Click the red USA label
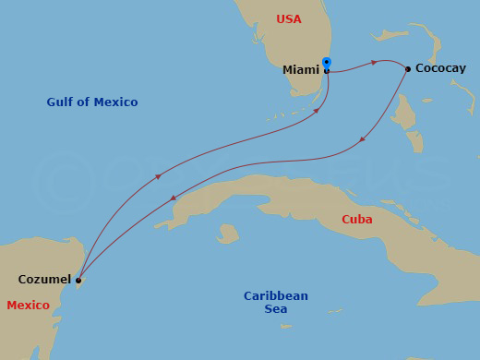coord(289,19)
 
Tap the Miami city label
coord(302,69)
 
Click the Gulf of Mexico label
coord(92,102)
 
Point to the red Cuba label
coord(356,220)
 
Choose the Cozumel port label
coord(44,279)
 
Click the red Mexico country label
coord(28,305)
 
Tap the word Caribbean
coord(276,296)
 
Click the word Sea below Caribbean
coord(276,309)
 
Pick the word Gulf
coord(60,102)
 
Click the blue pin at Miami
coord(327,64)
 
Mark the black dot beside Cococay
coord(408,68)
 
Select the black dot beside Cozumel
coord(78,280)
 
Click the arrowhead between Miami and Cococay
coord(374,63)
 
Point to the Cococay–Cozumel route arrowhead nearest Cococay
coord(363,140)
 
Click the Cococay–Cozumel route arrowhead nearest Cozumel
coord(174,198)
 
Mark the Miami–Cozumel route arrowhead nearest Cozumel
coord(158,176)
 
